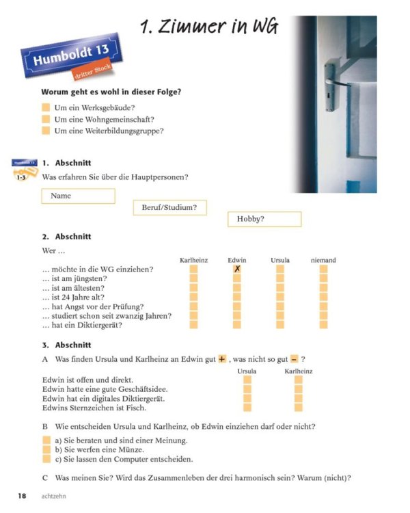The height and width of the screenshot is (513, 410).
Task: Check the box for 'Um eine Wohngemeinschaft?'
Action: point(46,120)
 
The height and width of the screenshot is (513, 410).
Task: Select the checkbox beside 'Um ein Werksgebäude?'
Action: point(46,108)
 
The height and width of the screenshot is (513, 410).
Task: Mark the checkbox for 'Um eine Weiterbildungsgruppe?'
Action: point(46,131)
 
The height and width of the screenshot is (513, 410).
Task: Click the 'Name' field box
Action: point(78,196)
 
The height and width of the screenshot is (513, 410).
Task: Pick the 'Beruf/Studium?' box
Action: point(169,208)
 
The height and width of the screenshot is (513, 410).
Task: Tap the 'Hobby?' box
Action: point(264,220)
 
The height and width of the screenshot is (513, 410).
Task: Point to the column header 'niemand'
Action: point(323,260)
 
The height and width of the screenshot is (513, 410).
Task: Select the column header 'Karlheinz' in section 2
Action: point(193,260)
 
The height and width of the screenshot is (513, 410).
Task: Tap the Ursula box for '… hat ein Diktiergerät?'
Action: point(280,325)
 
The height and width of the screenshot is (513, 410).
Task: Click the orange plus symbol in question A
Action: point(221,359)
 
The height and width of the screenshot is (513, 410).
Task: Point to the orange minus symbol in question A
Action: point(294,359)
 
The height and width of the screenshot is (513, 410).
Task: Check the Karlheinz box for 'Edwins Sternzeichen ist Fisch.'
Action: point(298,408)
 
